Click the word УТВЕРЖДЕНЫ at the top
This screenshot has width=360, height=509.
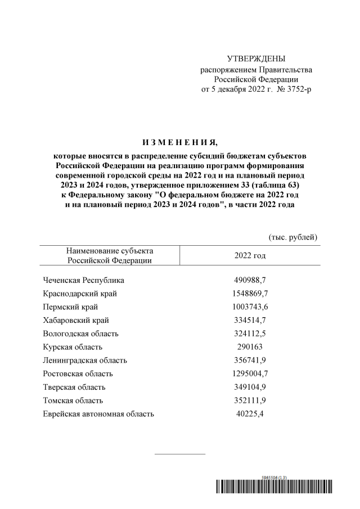click(x=256, y=58)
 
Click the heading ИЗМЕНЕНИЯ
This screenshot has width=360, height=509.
click(x=179, y=141)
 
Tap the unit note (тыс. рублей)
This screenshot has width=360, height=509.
click(x=293, y=237)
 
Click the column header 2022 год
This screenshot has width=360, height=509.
click(x=250, y=255)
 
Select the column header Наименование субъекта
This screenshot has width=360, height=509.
click(x=110, y=251)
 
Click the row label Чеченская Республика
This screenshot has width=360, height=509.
click(x=83, y=280)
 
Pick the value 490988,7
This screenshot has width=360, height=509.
click(x=250, y=280)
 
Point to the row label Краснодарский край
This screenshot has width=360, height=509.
click(x=80, y=294)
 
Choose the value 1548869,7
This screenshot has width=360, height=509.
click(x=250, y=294)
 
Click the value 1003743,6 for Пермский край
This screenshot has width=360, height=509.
click(x=250, y=307)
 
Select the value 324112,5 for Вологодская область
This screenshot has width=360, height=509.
click(x=250, y=334)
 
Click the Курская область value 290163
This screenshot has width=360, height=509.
click(x=250, y=347)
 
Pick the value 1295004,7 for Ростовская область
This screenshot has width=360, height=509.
click(x=250, y=373)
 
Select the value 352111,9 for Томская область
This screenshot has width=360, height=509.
click(x=250, y=400)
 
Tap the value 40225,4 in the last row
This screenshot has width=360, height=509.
click(x=250, y=414)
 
